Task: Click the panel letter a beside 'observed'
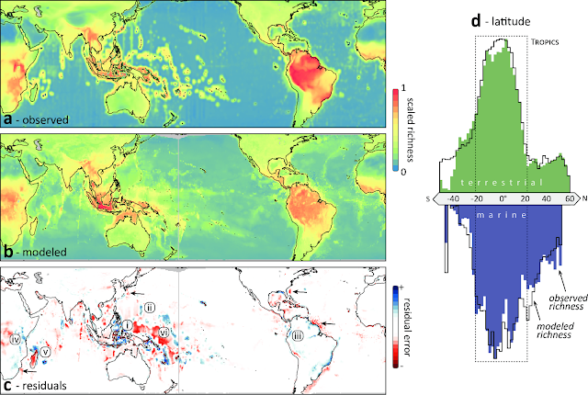point(8,120)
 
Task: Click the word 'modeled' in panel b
point(45,252)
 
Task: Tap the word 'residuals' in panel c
point(45,385)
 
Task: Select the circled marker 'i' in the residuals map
point(128,325)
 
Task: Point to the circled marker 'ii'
point(149,308)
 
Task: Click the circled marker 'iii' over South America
point(298,336)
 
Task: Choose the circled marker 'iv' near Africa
point(16,340)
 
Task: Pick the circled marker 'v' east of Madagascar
point(45,352)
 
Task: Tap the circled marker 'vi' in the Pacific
point(164,332)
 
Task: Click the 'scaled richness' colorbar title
point(410,130)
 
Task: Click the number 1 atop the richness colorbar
point(403,88)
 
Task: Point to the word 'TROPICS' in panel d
point(545,42)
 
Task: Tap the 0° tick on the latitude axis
point(503,198)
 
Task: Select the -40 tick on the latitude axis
point(453,198)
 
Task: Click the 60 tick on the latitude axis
point(570,198)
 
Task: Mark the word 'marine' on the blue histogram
point(502,215)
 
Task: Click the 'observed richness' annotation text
point(568,302)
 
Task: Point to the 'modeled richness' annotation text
point(555,330)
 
